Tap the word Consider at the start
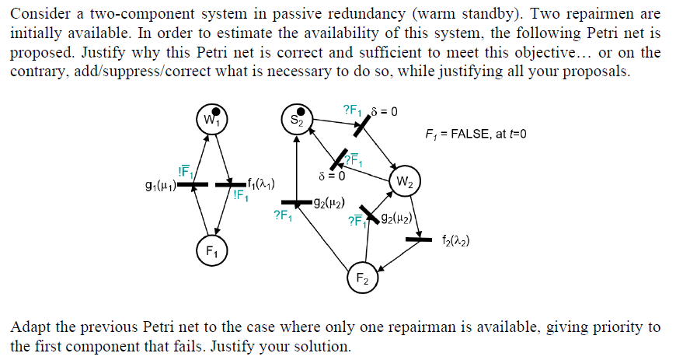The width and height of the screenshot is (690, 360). pos(38,14)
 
